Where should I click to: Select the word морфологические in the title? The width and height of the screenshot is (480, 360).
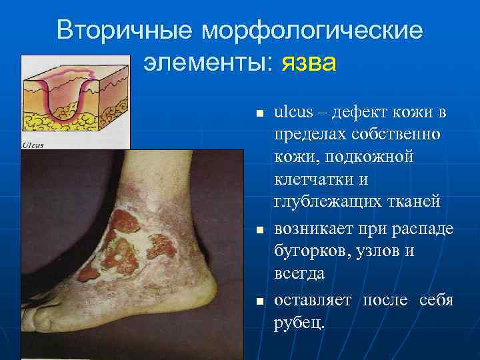(313, 31)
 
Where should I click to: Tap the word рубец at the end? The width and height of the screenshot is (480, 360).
(297, 323)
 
